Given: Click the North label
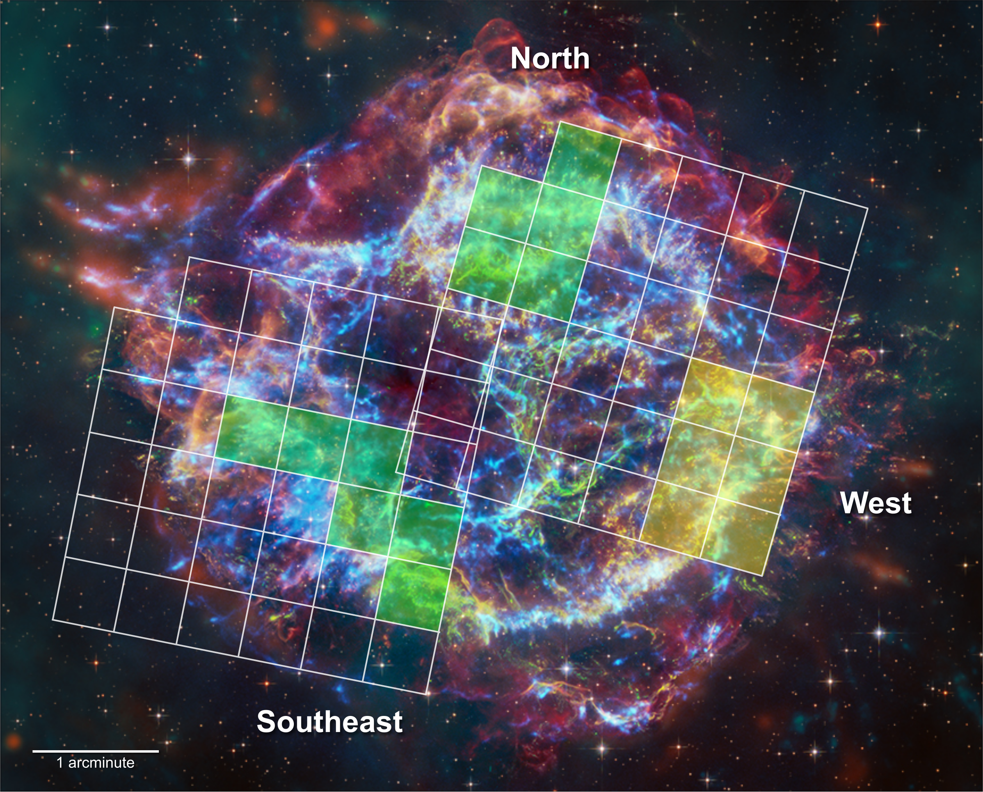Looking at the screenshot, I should point(550,58).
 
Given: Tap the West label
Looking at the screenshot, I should point(876,503).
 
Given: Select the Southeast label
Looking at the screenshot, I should point(329,721).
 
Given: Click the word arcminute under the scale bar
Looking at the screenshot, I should point(101,762).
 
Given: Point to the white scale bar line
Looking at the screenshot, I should point(96,751).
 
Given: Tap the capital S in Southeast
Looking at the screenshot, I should point(267,721).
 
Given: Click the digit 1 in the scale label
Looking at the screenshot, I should point(60,762).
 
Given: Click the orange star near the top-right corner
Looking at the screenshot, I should point(878,24).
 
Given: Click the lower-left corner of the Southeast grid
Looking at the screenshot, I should point(53,619).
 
